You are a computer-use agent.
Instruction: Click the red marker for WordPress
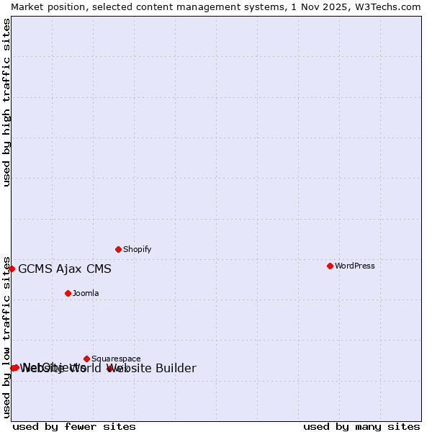click(x=330, y=266)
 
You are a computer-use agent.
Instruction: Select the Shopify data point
click(x=118, y=249)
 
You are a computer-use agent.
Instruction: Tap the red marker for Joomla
click(x=68, y=293)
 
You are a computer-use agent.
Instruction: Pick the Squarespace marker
click(x=86, y=359)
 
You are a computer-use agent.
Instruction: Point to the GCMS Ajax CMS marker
click(x=12, y=269)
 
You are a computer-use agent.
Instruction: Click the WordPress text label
click(x=354, y=266)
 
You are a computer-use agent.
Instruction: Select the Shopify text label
click(x=137, y=249)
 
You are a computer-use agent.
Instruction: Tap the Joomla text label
click(x=86, y=293)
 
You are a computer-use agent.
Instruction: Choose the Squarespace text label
click(x=116, y=359)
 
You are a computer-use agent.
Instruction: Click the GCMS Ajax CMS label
click(x=65, y=269)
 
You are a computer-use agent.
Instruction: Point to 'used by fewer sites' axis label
click(x=74, y=426)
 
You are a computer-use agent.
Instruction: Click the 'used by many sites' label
click(x=361, y=426)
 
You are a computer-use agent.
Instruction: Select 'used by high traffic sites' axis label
click(x=6, y=102)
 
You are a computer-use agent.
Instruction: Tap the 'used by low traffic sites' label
click(x=6, y=336)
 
